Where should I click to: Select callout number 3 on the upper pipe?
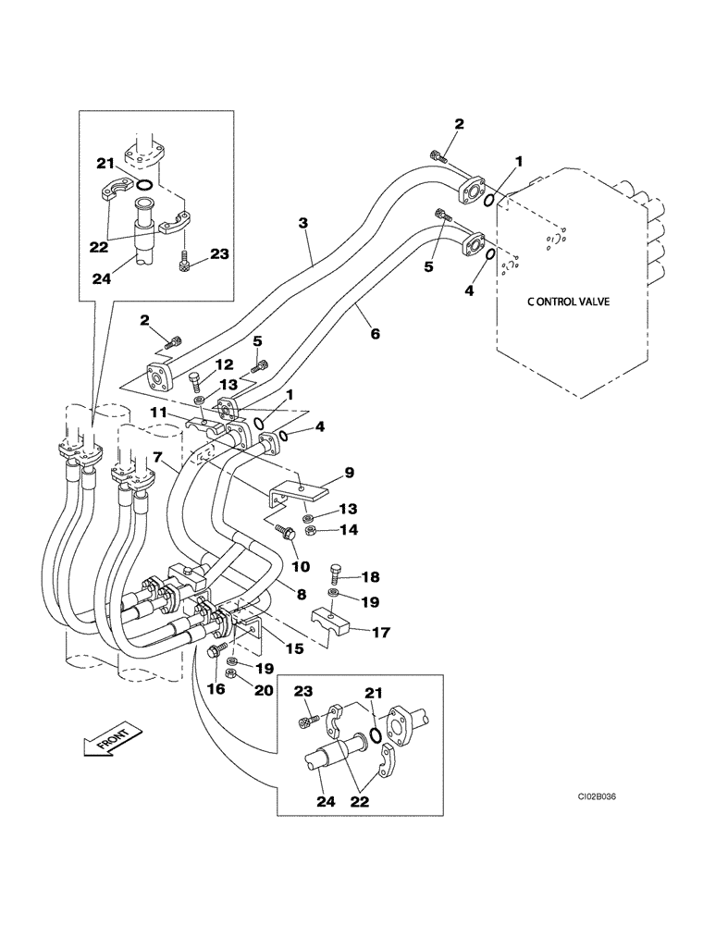click(x=302, y=223)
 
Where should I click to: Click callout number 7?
click(x=158, y=457)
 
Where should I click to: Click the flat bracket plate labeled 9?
click(x=296, y=490)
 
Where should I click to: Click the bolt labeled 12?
click(x=196, y=377)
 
